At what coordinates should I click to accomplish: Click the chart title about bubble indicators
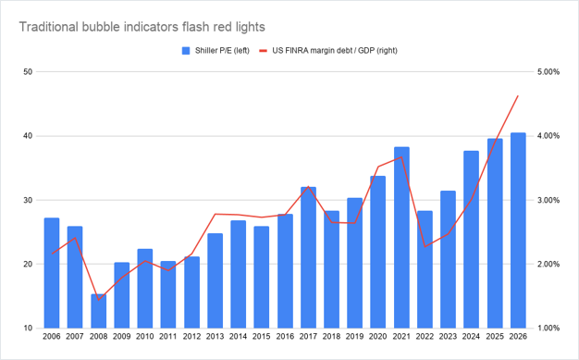coord(142,27)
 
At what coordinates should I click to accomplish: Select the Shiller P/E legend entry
coord(216,51)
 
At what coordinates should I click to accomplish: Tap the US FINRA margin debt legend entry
coord(328,51)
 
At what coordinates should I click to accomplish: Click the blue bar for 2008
coord(99,311)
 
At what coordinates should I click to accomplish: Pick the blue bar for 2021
coord(401,237)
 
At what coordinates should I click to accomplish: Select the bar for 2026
coord(518,230)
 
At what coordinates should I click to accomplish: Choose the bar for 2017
coord(308,257)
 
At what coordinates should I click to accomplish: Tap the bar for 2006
coord(52,273)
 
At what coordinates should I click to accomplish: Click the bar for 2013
coord(215,280)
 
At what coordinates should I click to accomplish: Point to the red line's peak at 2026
coord(518,95)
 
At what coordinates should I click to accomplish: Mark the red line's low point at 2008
coord(99,300)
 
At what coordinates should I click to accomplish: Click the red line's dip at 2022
coord(425,246)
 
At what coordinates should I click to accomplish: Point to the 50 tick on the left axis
coord(28,71)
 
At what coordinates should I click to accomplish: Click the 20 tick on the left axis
coord(28,265)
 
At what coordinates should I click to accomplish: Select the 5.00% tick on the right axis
coord(548,71)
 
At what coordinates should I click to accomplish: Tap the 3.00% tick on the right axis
coord(548,200)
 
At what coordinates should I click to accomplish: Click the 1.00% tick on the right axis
coord(548,329)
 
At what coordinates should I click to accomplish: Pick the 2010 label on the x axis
coord(145,337)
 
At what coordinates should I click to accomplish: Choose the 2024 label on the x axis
coord(472,337)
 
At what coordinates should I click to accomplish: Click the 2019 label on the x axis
coord(355,337)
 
